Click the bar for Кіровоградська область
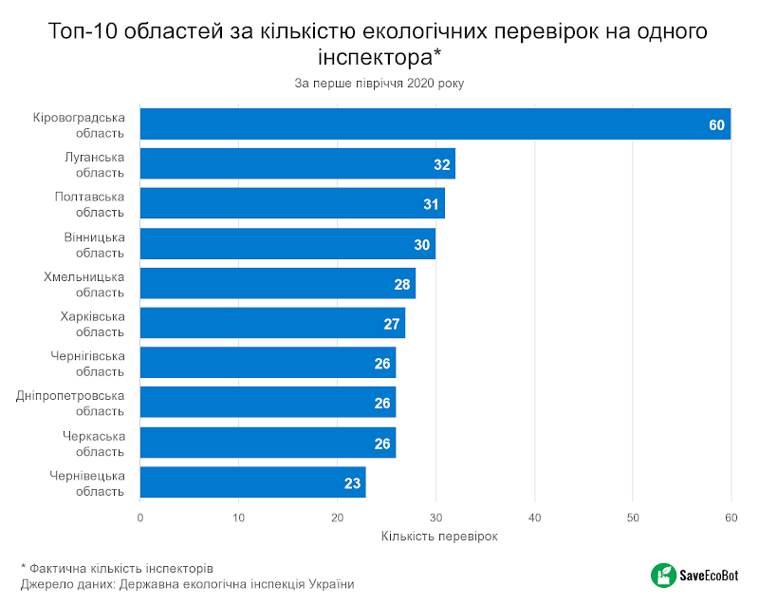point(435,124)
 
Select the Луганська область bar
point(298,164)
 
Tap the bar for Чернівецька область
point(253,482)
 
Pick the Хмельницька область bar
point(278,284)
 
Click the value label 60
point(716,125)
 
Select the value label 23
point(352,483)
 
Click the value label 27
point(392,324)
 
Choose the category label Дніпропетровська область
point(70,403)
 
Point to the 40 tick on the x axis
point(534,518)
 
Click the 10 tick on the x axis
point(239,518)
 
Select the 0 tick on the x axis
point(140,518)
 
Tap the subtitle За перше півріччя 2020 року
point(379,84)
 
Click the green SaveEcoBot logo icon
point(661,575)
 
